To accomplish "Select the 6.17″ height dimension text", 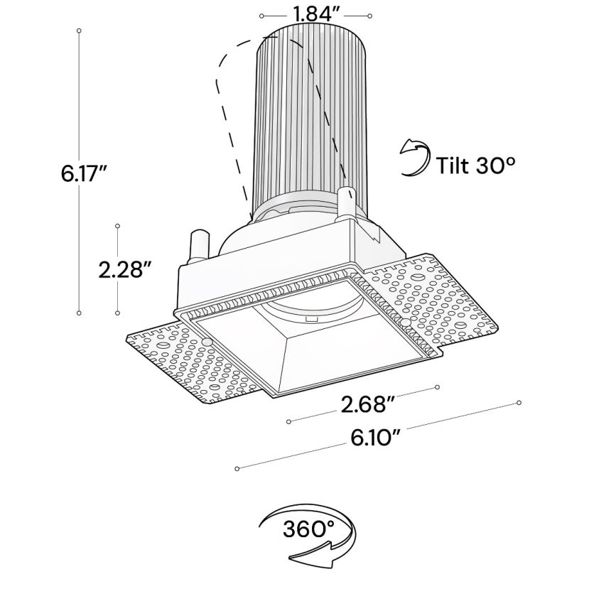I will [84, 173].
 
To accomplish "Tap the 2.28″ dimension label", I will [125, 269].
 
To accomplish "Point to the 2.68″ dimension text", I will [367, 405].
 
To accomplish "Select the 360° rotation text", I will [308, 529].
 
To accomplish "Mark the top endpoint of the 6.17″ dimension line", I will [79, 31].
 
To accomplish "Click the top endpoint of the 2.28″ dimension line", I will [117, 226].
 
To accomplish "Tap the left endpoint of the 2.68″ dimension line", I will [288, 422].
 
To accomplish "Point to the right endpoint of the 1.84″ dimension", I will [369, 16].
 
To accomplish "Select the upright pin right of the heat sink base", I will [345, 205].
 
